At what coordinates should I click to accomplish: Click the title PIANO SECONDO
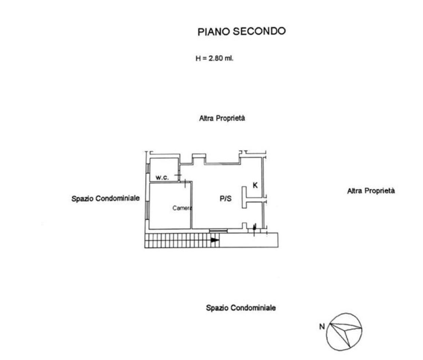coord(241,31)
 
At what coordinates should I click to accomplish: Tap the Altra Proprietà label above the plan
coord(222,118)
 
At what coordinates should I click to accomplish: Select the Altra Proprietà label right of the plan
coord(371,191)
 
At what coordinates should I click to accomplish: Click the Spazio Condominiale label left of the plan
coord(106,198)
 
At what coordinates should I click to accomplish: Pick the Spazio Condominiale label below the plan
coord(241,308)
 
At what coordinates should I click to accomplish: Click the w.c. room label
coord(162,178)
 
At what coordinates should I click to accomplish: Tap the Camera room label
coord(182,208)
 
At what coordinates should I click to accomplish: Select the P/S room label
coord(225,199)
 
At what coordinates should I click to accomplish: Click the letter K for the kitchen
coord(255,185)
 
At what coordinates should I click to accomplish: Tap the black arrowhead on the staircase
coord(215,240)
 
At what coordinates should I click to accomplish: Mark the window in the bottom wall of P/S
coord(218,230)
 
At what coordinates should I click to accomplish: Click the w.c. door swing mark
coord(179,176)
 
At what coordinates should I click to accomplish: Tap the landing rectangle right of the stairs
coord(249,240)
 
